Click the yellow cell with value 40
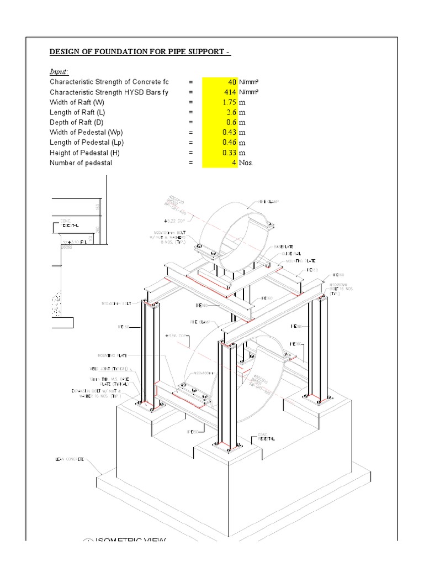220,82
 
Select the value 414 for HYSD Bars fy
220,92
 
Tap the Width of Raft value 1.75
220,102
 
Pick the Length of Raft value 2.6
220,112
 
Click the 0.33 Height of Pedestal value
220,153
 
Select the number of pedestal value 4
220,163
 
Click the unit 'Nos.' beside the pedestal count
246,163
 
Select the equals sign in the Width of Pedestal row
190,133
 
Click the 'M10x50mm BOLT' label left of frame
116,303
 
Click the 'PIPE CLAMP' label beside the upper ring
269,202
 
